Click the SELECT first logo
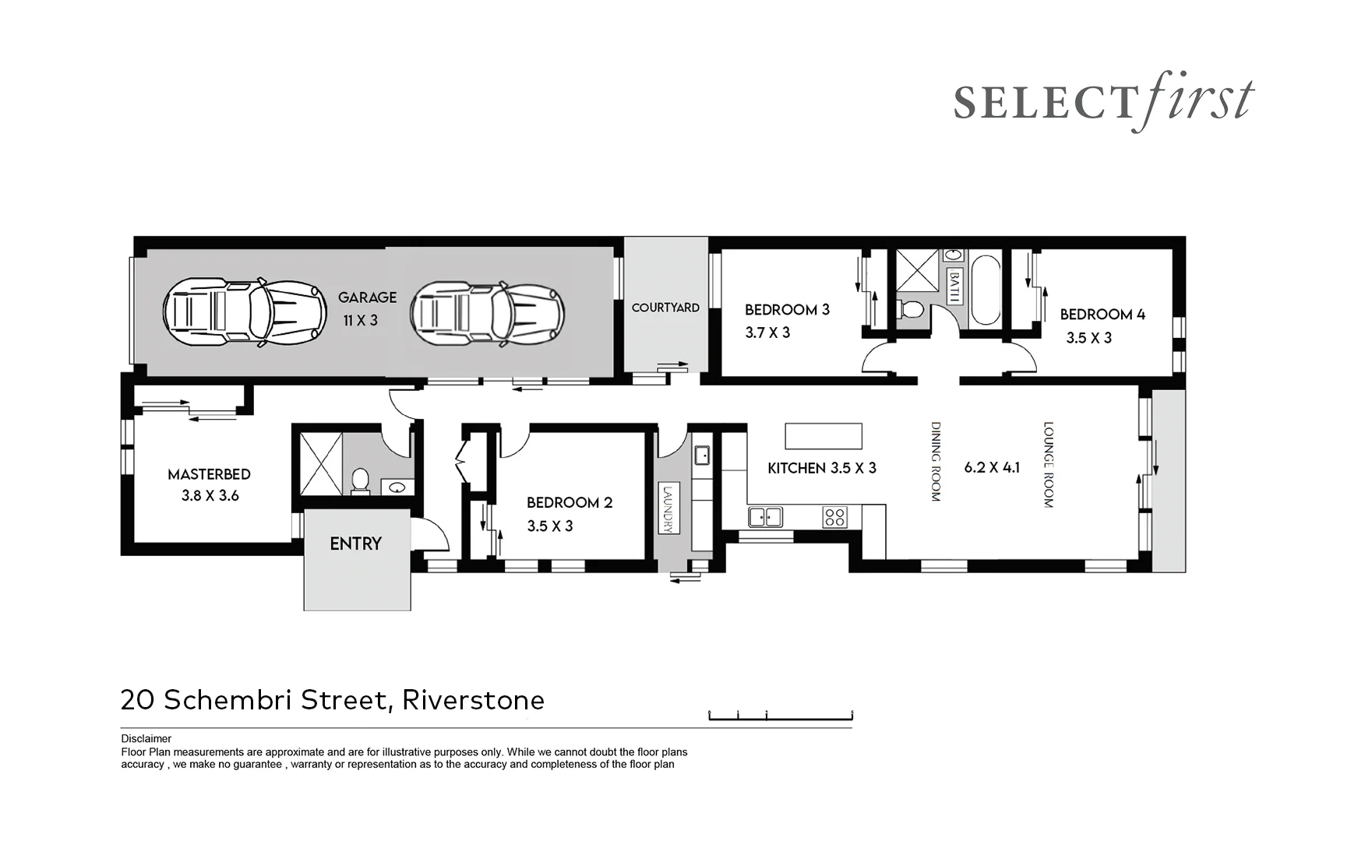[x=1102, y=103]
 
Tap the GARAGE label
[x=367, y=297]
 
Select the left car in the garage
[x=244, y=312]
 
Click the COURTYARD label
[x=665, y=308]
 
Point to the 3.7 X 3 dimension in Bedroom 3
[x=767, y=333]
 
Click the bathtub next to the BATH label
[x=985, y=290]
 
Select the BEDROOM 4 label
[x=1102, y=315]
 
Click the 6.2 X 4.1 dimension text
[x=991, y=467]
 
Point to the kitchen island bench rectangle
[x=823, y=436]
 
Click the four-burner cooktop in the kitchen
[x=834, y=517]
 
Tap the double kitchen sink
[x=765, y=517]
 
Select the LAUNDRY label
[x=667, y=509]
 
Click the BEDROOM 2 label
[x=569, y=502]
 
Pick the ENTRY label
[x=355, y=544]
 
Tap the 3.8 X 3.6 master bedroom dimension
[x=210, y=495]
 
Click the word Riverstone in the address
[x=473, y=700]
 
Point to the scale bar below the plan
[x=780, y=716]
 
